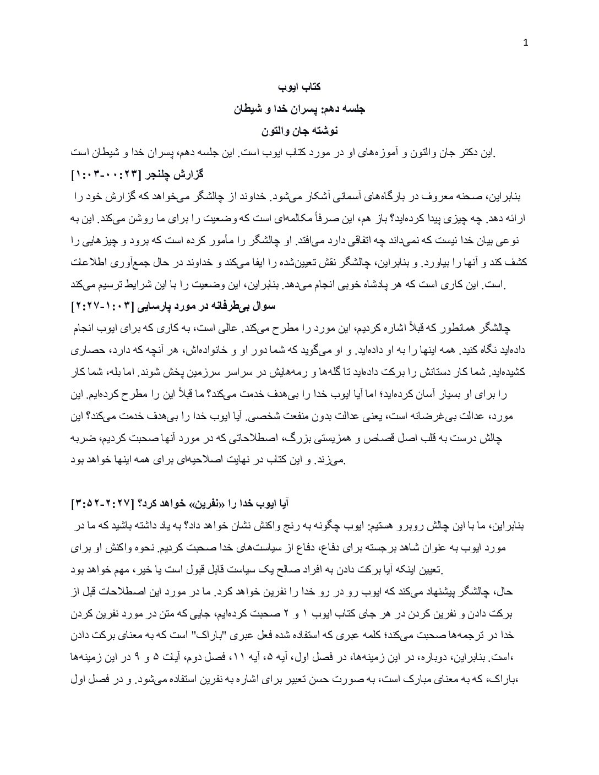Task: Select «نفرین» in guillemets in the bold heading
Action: [x=219, y=504]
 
